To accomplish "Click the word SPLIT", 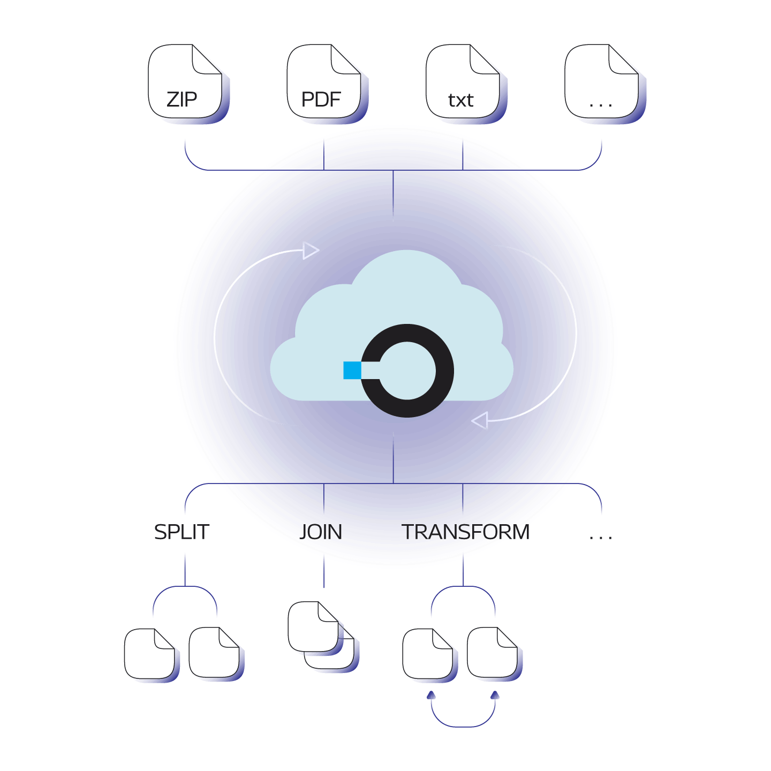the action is tap(182, 532).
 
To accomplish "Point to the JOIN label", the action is tap(321, 532).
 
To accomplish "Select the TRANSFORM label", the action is tap(465, 532).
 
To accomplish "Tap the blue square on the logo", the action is tap(352, 370).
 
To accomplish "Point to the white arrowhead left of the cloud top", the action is tap(311, 251).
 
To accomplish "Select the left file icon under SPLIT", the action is tap(151, 655).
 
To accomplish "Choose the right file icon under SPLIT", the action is tap(216, 654).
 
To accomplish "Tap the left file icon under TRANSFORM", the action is tap(429, 655).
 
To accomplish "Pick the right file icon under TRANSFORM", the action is tap(494, 654).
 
